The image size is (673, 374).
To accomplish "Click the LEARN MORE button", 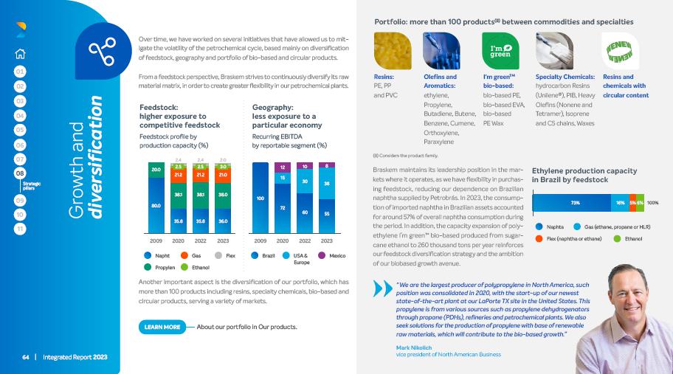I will click(x=162, y=326).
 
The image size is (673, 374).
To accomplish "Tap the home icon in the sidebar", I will click(x=20, y=52).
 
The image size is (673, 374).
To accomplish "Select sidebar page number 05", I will click(x=20, y=130).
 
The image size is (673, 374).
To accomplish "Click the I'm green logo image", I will click(x=500, y=50).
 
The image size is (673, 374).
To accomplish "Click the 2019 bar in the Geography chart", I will click(x=260, y=198).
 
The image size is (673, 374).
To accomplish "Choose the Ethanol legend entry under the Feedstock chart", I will click(x=196, y=266).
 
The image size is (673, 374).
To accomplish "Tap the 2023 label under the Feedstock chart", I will click(x=224, y=240).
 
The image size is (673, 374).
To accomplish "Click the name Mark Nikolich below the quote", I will click(x=414, y=347).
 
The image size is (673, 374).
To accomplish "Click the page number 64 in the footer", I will click(x=25, y=357).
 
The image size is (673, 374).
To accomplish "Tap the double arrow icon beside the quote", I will click(x=382, y=287).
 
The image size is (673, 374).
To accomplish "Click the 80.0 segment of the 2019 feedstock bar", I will click(x=156, y=205).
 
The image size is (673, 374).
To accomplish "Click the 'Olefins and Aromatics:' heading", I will click(x=441, y=81).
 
